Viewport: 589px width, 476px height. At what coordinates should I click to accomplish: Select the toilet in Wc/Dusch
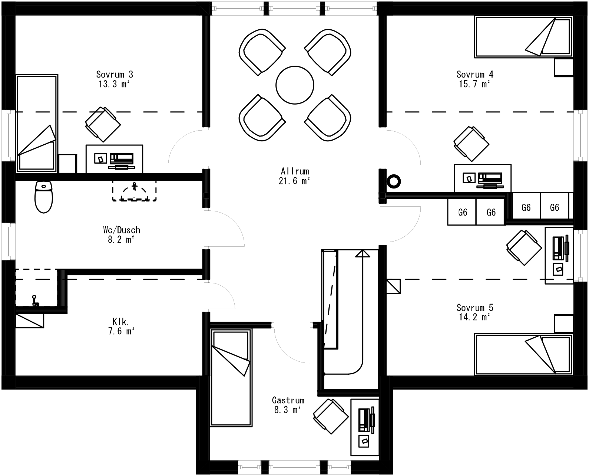coord(44,197)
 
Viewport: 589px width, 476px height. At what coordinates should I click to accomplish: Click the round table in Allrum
coord(295,85)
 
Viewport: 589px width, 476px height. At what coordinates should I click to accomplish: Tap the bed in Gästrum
coord(230,378)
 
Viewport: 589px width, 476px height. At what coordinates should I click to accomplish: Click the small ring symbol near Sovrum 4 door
coord(394,182)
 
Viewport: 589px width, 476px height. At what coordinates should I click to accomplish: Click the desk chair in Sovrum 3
coord(103,124)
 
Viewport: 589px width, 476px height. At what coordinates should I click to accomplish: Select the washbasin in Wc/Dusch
coord(134,191)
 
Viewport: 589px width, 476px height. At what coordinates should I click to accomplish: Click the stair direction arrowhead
coord(363,253)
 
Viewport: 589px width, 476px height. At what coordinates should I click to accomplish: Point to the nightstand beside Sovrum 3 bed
coord(68,164)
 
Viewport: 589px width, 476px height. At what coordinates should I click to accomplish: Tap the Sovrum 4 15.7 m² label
coord(474,79)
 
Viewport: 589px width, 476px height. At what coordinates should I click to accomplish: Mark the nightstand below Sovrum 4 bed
coord(564,68)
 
